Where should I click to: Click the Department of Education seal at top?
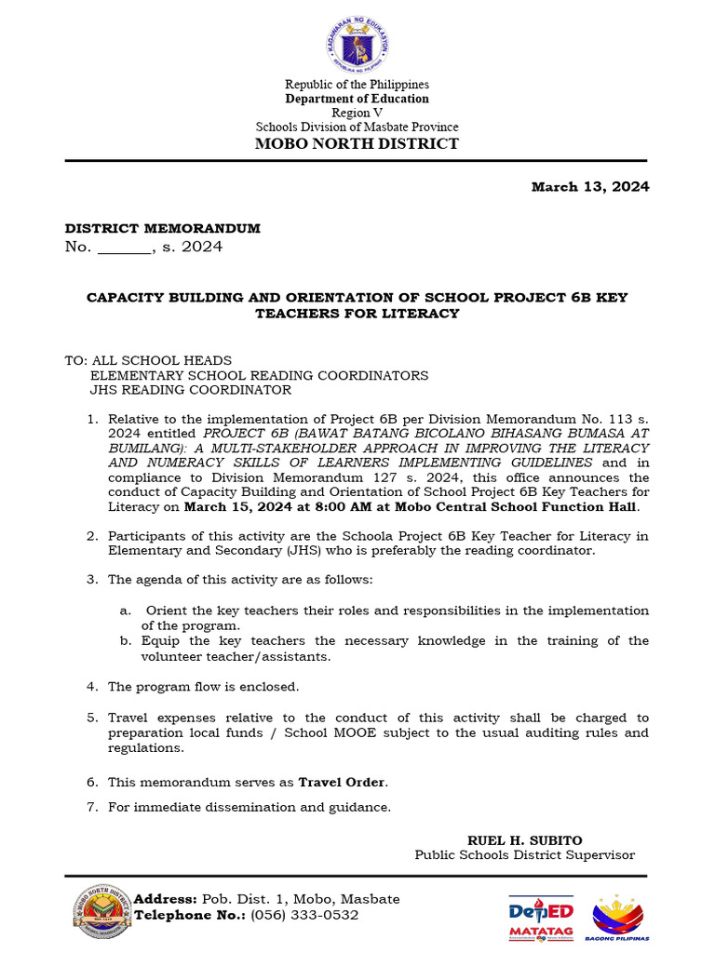click(357, 45)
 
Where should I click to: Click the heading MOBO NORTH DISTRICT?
click(357, 143)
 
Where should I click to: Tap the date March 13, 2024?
click(590, 187)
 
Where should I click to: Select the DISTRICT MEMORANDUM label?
click(162, 228)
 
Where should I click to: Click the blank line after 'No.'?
click(124, 248)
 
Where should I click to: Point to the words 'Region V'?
click(357, 113)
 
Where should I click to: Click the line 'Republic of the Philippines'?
click(357, 85)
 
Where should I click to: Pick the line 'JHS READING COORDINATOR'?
click(190, 390)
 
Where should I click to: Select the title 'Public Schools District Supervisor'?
click(525, 854)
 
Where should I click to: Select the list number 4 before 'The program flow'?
click(92, 687)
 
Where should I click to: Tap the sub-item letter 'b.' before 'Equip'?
click(126, 641)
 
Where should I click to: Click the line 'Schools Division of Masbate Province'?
click(357, 127)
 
